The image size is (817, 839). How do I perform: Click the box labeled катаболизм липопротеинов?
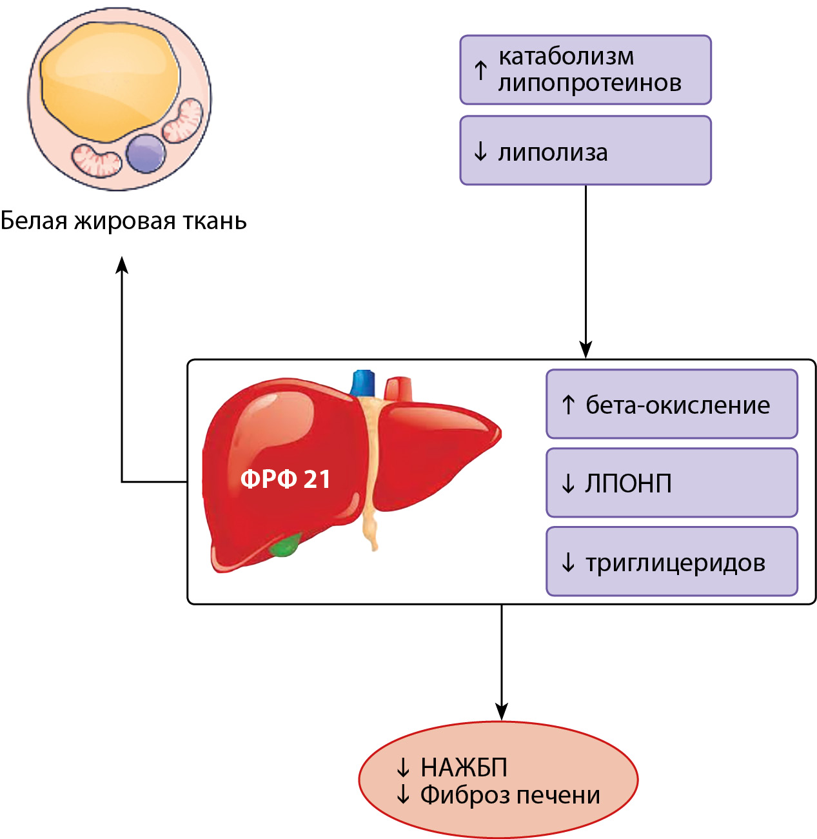click(x=585, y=70)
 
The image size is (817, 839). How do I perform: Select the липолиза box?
click(x=585, y=150)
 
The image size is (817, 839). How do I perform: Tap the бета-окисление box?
click(x=671, y=404)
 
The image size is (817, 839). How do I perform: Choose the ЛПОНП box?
click(x=671, y=483)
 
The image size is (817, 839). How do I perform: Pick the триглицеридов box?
click(x=671, y=561)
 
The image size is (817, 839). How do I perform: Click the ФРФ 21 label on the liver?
click(x=285, y=479)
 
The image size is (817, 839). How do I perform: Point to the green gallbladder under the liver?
click(x=284, y=546)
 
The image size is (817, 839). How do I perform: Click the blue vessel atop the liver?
click(x=363, y=383)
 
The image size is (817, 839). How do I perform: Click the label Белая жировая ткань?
click(x=124, y=221)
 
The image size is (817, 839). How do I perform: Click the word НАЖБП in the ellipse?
click(x=464, y=767)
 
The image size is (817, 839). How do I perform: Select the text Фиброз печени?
click(x=510, y=794)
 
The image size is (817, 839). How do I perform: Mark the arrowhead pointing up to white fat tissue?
click(x=122, y=264)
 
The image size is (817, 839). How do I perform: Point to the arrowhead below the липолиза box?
click(x=586, y=349)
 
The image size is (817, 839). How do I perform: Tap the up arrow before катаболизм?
click(x=480, y=70)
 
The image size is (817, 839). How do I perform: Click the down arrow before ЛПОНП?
click(x=568, y=483)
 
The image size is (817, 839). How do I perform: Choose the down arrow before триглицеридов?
click(x=568, y=562)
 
